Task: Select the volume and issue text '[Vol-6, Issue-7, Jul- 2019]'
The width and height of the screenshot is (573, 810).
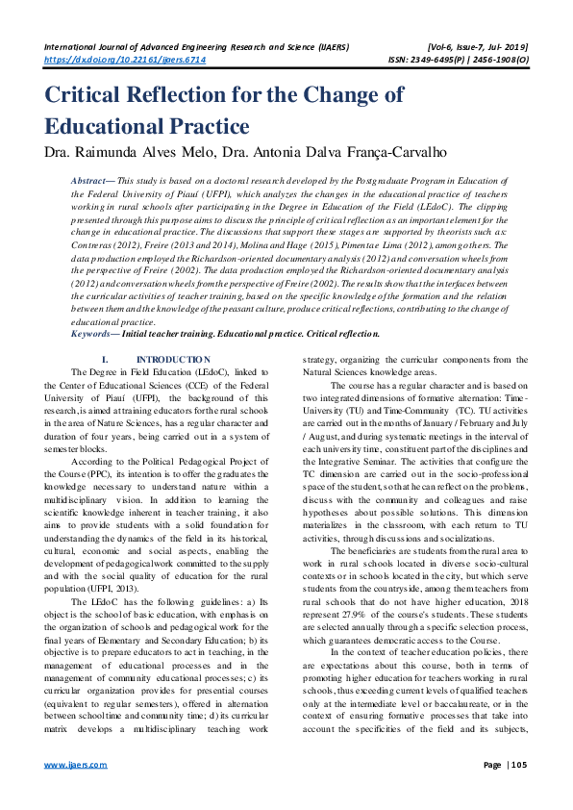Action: (x=473, y=45)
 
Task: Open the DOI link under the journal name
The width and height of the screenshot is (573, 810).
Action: (x=125, y=59)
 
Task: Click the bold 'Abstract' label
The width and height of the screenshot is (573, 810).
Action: (x=92, y=181)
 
